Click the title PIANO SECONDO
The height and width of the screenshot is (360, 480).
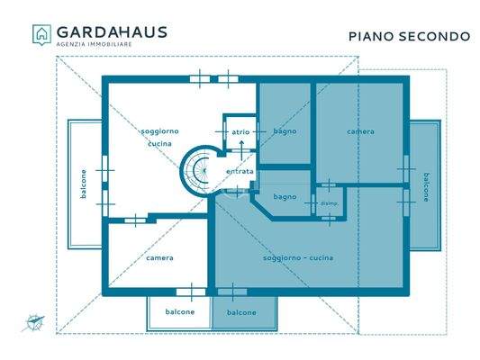click(409, 36)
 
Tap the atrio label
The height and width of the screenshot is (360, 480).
click(240, 131)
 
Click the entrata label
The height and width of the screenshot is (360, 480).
click(240, 171)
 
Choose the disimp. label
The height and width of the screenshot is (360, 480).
click(329, 203)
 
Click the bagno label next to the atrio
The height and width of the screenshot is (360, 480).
click(285, 131)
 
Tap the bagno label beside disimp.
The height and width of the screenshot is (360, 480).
click(285, 196)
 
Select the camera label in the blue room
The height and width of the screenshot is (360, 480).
click(360, 131)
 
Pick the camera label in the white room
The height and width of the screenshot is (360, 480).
click(159, 257)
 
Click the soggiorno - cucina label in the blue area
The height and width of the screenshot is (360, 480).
click(298, 258)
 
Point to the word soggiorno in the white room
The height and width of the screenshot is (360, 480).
click(159, 131)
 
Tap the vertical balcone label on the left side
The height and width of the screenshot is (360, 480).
click(84, 185)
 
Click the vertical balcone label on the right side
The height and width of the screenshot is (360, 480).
click(426, 186)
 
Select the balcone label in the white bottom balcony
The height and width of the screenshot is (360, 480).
click(179, 312)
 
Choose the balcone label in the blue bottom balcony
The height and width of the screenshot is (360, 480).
click(241, 312)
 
